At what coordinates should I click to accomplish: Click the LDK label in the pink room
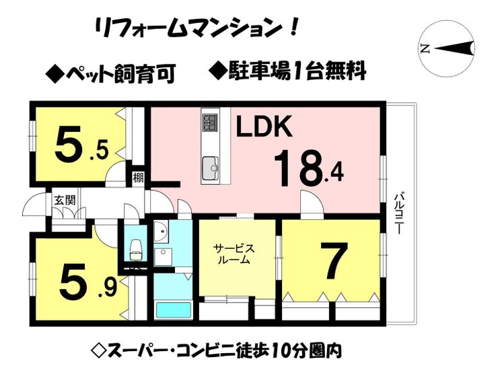click(264, 126)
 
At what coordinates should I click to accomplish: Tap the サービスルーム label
click(234, 254)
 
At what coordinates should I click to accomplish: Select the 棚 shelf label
click(138, 178)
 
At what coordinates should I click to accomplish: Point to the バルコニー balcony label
click(397, 213)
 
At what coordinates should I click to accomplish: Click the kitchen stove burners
click(210, 122)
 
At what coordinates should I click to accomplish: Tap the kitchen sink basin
click(210, 167)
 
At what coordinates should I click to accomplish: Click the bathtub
click(173, 310)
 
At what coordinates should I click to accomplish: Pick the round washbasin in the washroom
click(161, 231)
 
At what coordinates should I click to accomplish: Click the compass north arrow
click(454, 48)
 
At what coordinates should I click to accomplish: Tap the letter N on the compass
click(425, 48)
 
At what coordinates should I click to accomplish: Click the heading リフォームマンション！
click(197, 28)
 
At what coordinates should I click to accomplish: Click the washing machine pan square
click(164, 257)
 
